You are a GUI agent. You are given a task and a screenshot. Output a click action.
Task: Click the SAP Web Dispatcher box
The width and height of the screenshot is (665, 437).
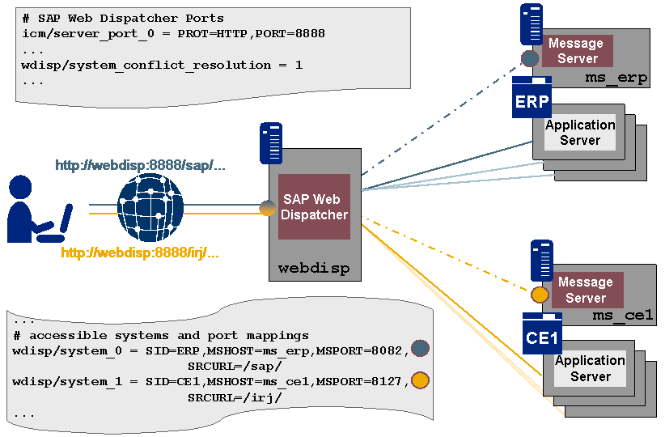(315, 207)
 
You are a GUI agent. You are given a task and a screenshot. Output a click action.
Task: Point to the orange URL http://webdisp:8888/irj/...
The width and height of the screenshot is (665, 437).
(140, 252)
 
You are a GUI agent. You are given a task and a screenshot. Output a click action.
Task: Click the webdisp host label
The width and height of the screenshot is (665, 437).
(314, 268)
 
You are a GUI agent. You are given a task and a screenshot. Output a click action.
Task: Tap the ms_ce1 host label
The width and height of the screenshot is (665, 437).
(623, 315)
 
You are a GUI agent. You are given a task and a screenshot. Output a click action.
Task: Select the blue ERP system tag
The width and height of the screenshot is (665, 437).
(532, 101)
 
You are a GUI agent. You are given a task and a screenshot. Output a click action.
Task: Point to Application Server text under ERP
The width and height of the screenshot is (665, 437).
(580, 133)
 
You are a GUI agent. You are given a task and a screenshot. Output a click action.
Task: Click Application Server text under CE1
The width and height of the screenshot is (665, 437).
(590, 368)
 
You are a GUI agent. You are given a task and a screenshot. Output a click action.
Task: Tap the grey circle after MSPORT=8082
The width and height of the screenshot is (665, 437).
(420, 348)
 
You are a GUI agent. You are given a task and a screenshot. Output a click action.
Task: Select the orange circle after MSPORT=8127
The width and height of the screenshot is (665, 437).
(420, 380)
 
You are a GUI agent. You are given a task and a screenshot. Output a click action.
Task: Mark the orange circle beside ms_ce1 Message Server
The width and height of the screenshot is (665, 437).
(539, 295)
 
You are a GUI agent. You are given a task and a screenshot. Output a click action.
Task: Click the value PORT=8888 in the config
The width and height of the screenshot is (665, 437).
(289, 34)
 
